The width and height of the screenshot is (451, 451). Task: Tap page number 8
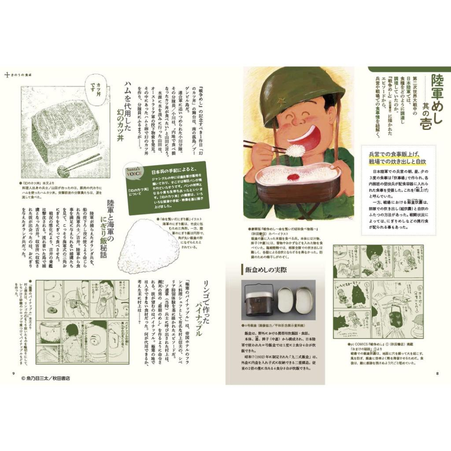tap(437, 373)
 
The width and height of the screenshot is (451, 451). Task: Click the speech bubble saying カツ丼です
tap(92, 83)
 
